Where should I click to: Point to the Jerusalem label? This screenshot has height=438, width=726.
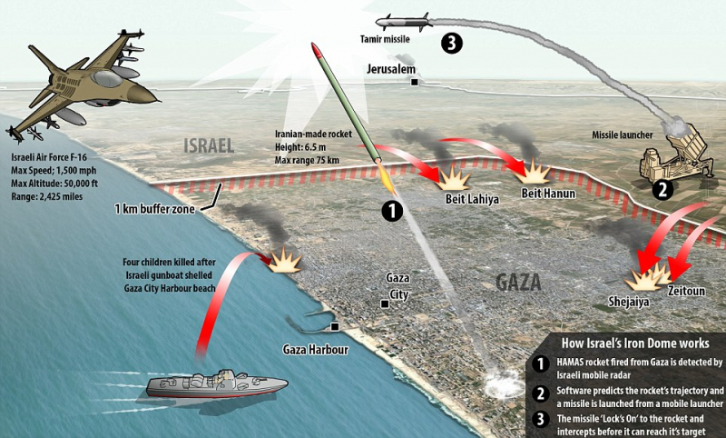tap(391, 69)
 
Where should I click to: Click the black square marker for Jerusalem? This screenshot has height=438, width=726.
tap(415, 82)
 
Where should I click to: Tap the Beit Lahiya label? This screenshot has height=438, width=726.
tap(474, 199)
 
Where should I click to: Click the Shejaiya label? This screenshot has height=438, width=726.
tap(628, 302)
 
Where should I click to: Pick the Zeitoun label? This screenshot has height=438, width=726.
tap(687, 289)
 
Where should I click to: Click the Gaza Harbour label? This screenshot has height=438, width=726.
tap(314, 350)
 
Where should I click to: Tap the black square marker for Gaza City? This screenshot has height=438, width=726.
tap(386, 304)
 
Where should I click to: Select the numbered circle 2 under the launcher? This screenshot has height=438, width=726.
tap(663, 190)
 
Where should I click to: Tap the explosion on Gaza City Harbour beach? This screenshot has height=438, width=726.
tap(285, 260)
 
